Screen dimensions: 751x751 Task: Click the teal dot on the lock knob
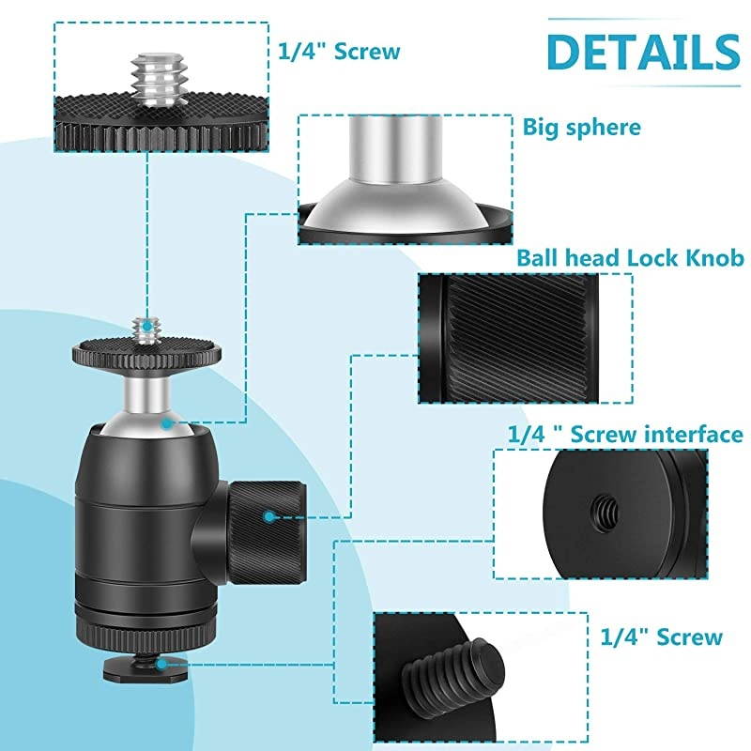tap(269, 515)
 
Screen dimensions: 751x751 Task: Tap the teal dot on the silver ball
tap(166, 423)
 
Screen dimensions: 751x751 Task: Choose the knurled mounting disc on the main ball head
tap(148, 355)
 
